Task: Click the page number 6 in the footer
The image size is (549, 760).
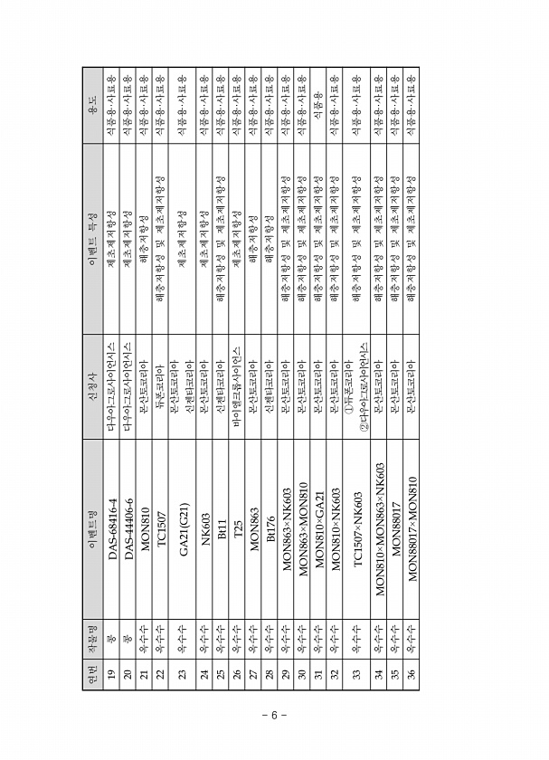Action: point(275,715)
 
